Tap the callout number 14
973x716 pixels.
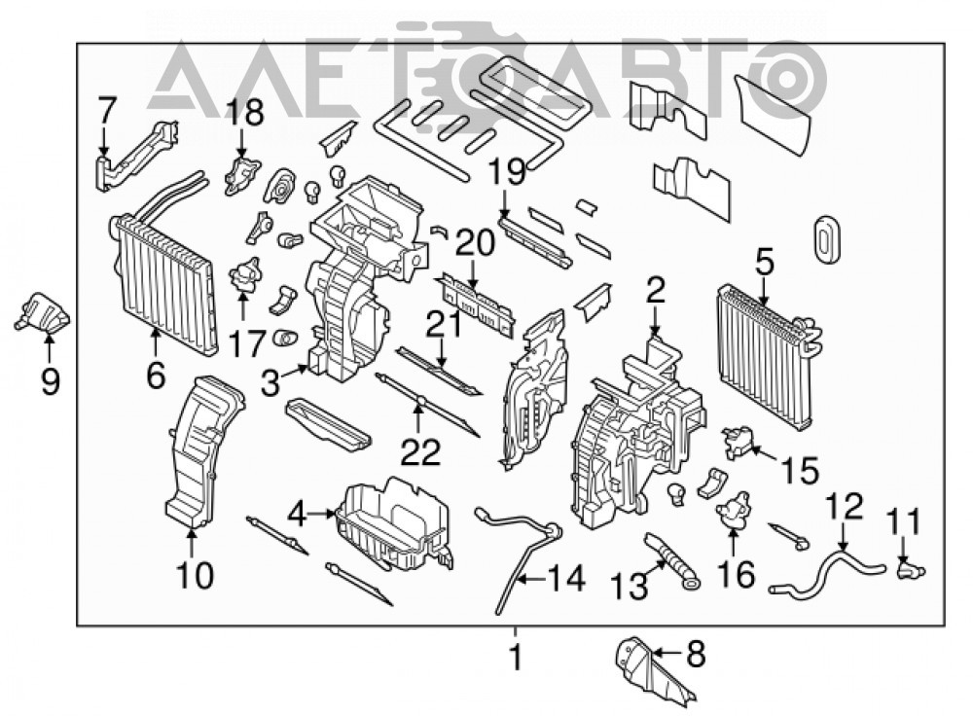click(x=566, y=579)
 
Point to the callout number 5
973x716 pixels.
click(x=765, y=263)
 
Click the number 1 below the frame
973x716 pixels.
click(x=516, y=657)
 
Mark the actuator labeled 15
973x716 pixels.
click(x=739, y=442)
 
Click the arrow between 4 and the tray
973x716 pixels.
click(x=321, y=513)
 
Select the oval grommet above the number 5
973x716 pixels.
click(x=826, y=235)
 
